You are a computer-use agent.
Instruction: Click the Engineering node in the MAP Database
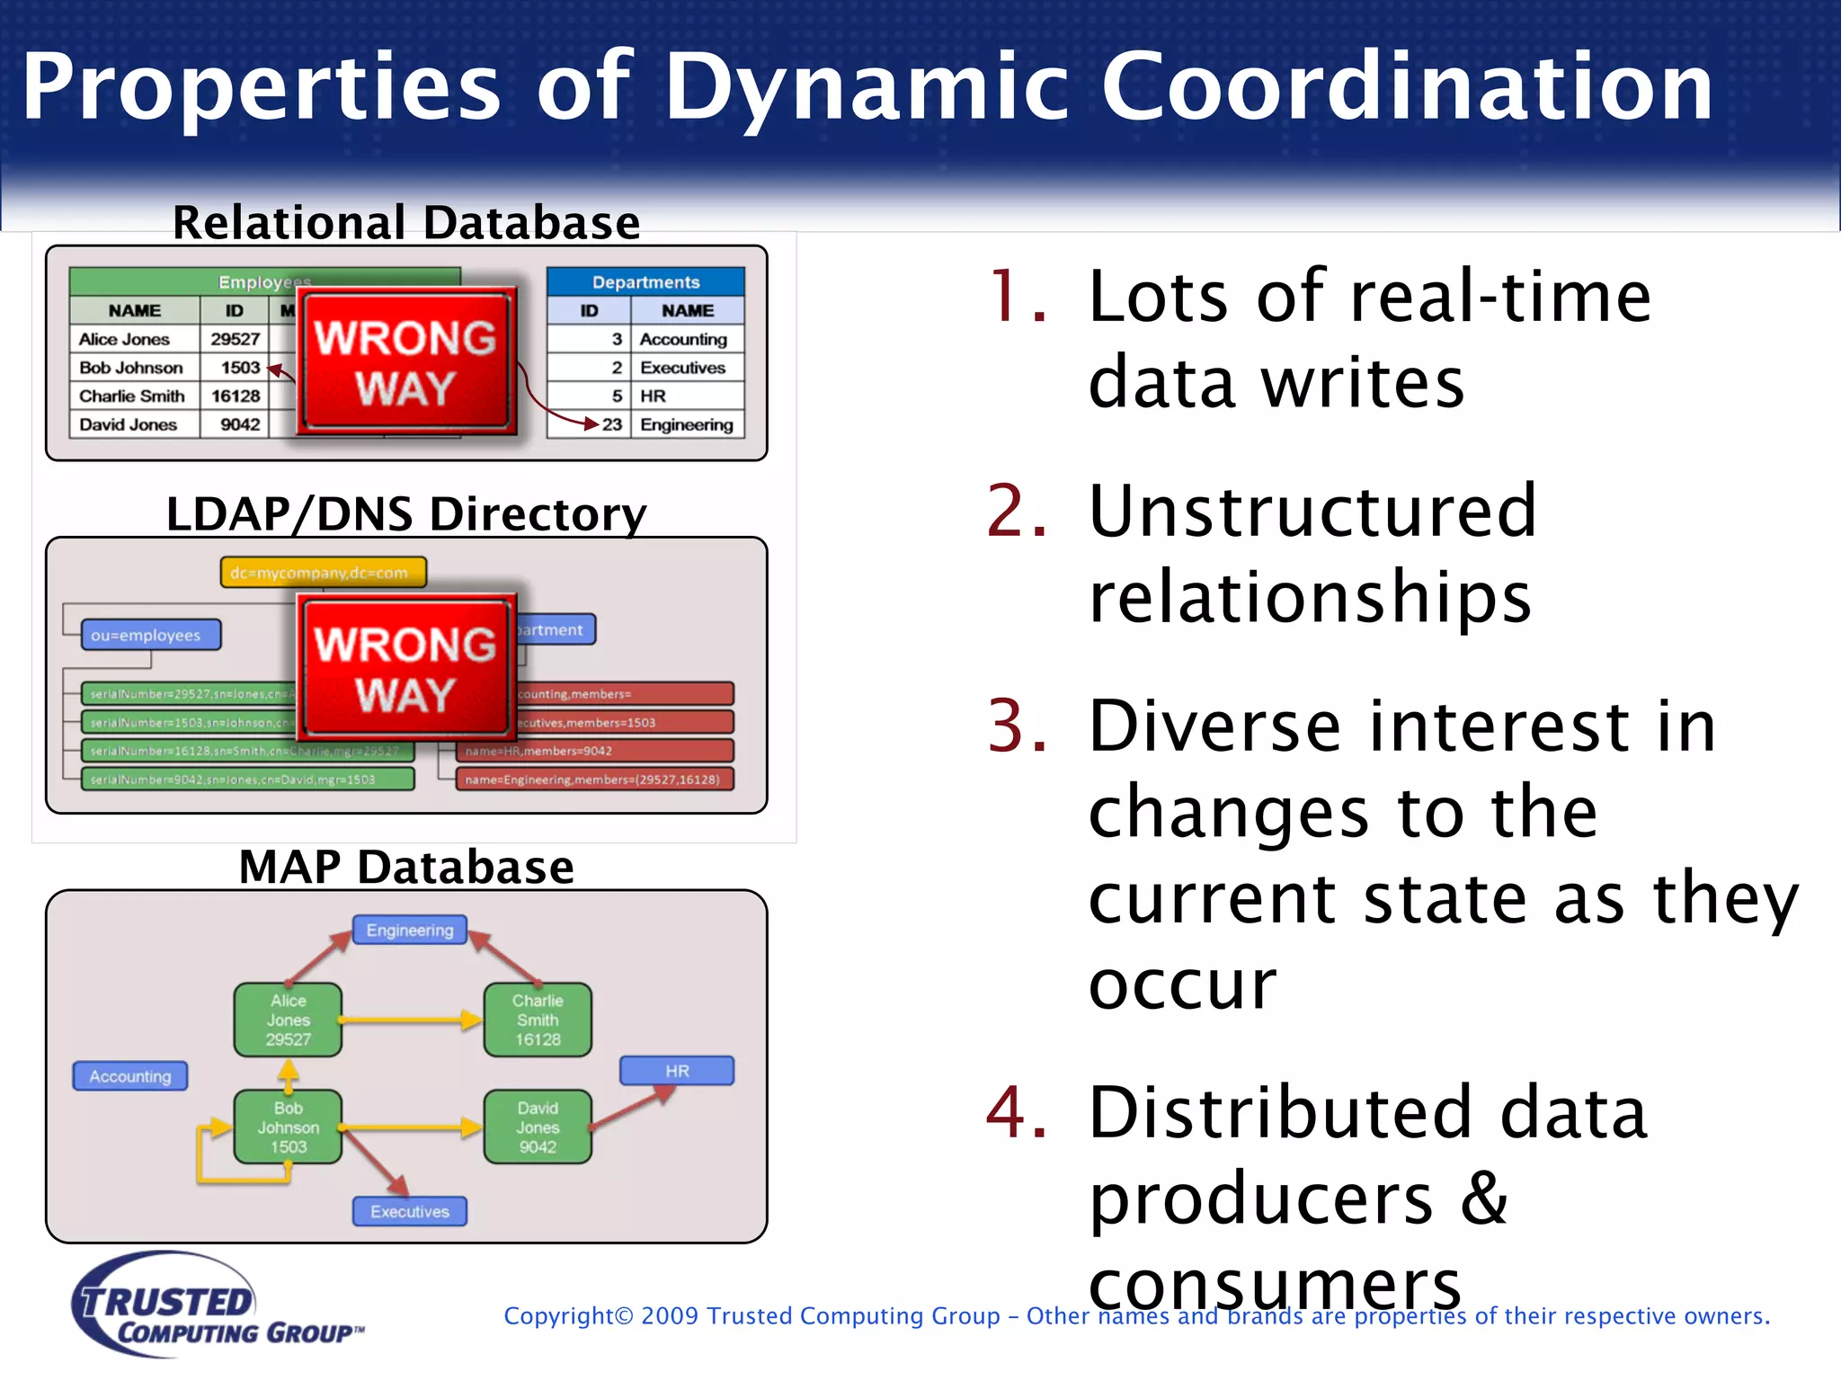coord(410,930)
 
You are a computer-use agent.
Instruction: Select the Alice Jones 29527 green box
coord(288,1020)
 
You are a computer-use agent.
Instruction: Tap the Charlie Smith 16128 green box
coord(538,1020)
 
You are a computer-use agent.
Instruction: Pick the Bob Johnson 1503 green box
coord(288,1127)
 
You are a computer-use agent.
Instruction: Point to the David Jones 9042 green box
coord(538,1127)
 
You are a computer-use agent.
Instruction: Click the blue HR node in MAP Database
coord(677,1071)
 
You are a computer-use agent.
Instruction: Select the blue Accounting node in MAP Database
coord(130,1076)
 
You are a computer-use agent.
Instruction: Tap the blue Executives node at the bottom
coord(410,1211)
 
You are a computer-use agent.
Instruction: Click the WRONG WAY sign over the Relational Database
coord(405,362)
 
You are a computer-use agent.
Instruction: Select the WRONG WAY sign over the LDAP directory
coord(405,669)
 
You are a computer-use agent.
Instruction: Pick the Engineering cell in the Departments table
coord(687,424)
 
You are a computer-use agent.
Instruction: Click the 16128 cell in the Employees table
coord(236,396)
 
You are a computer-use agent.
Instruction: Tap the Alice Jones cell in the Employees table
coord(125,339)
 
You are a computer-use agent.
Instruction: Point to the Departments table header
coord(645,282)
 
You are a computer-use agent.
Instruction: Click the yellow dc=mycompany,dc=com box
coord(323,573)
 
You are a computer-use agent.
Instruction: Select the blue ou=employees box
coord(150,635)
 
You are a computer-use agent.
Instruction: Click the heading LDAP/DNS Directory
coord(406,514)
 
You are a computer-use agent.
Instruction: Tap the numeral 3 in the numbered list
coord(1017,726)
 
